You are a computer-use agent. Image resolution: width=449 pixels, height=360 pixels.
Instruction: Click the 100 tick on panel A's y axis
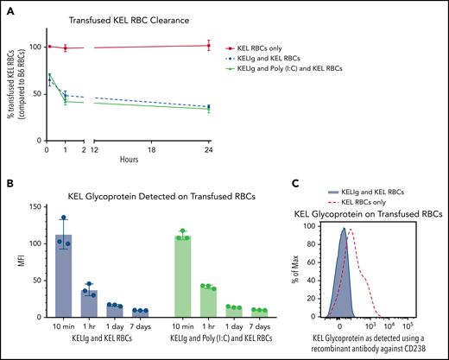click(35, 46)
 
